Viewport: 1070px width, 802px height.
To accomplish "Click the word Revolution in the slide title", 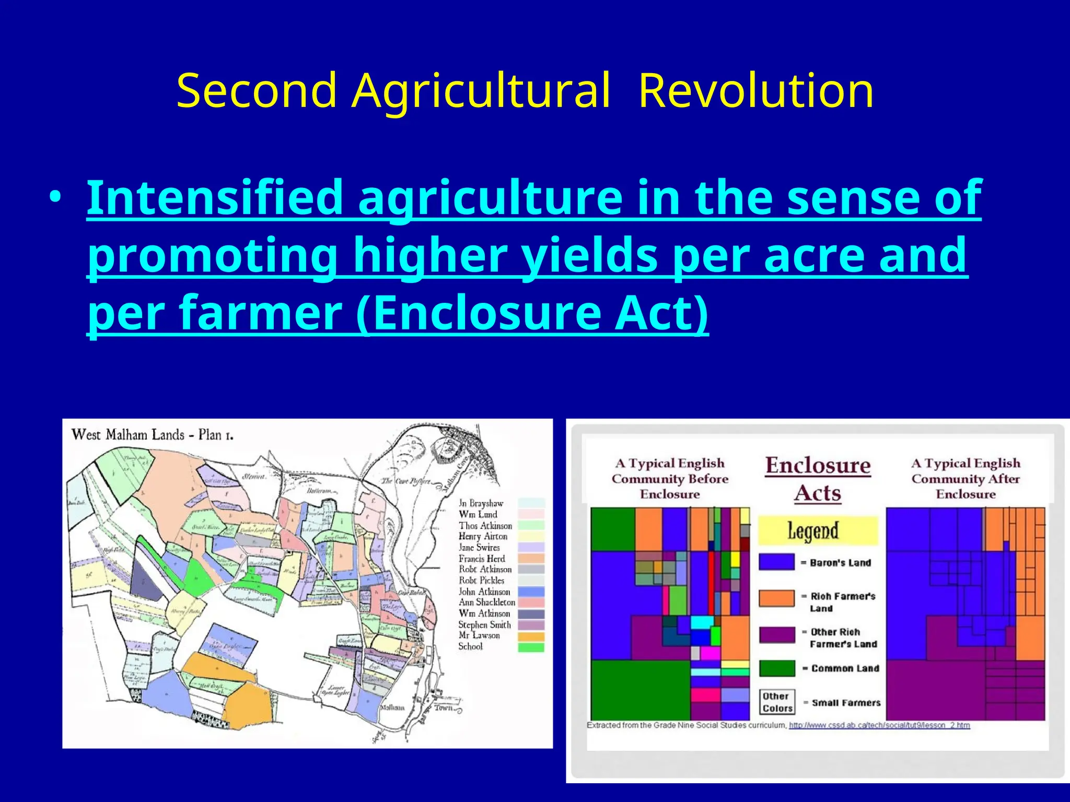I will pos(755,91).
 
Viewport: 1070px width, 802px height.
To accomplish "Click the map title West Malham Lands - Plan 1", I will pos(153,434).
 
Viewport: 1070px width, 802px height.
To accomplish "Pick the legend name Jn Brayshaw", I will pos(481,503).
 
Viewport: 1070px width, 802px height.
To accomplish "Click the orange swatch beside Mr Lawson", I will pos(531,636).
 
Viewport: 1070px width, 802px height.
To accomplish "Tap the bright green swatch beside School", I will pos(531,647).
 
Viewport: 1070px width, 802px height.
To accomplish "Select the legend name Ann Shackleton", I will pos(486,603).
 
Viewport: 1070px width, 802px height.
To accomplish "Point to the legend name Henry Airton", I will pos(483,536).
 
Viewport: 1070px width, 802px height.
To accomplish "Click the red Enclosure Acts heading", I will pos(818,479).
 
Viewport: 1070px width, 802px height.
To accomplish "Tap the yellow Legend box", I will pos(817,530).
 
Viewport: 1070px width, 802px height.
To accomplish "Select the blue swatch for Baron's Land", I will pos(776,562).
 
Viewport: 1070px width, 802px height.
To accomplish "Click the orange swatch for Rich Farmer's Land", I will pos(776,599).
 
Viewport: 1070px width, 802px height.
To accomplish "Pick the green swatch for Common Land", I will pos(776,668).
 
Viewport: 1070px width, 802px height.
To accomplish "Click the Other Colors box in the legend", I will pos(777,702).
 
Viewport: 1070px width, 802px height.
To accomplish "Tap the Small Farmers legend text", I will pos(845,703).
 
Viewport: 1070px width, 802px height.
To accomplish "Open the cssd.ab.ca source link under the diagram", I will pos(879,725).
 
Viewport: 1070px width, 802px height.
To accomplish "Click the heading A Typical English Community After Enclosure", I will pos(966,478).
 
